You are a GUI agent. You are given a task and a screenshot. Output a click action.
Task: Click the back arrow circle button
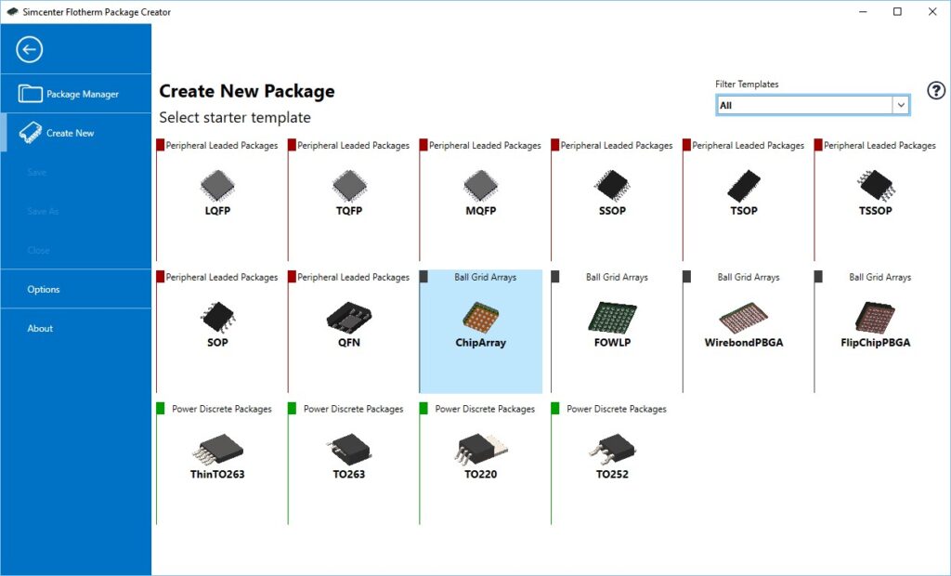click(30, 49)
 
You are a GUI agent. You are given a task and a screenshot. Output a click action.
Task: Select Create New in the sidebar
click(70, 133)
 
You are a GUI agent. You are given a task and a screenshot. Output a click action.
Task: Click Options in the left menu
click(44, 289)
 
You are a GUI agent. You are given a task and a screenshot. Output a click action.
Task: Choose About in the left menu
click(40, 328)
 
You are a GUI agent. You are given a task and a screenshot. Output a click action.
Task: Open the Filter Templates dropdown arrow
click(900, 106)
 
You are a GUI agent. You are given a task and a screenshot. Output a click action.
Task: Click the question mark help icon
click(936, 91)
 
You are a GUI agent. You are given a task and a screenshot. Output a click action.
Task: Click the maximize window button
click(897, 12)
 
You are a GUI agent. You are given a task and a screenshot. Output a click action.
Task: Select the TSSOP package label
click(876, 211)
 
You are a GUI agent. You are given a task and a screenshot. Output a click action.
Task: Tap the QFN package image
click(349, 318)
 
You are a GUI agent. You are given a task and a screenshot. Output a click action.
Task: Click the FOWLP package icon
click(612, 317)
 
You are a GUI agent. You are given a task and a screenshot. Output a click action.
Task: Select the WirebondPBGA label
click(744, 343)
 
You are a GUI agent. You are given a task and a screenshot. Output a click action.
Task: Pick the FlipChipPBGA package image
click(875, 317)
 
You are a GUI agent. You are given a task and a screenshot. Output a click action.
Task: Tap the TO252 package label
click(612, 475)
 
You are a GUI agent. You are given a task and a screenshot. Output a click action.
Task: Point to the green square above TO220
click(423, 408)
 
